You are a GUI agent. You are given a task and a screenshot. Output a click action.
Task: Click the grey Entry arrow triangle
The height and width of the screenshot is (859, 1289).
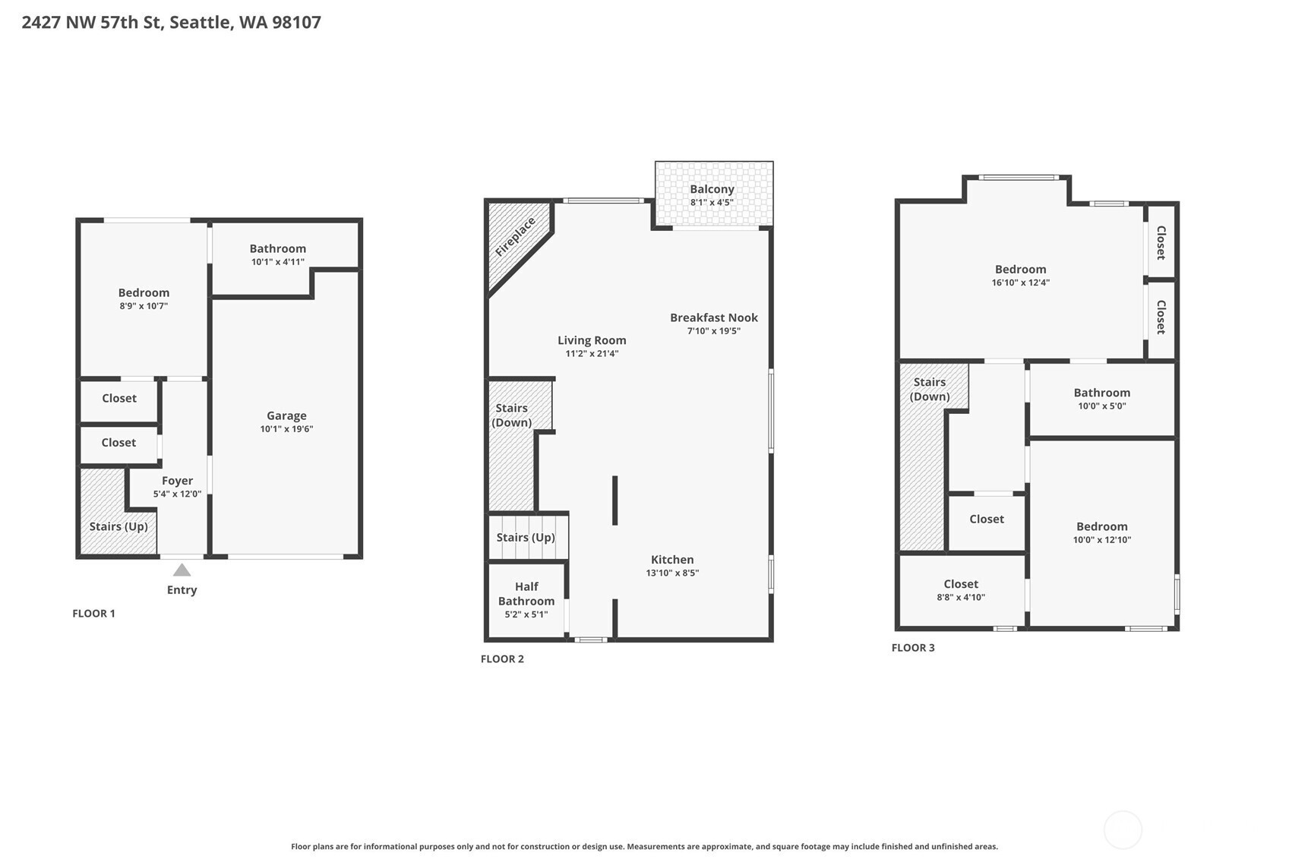point(182,570)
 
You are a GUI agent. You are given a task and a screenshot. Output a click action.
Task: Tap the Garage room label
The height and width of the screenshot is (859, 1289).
point(286,415)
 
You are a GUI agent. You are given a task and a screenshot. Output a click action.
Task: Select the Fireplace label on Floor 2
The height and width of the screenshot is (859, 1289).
point(516,237)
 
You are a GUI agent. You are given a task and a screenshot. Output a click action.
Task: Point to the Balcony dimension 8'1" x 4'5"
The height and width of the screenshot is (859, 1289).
point(712,203)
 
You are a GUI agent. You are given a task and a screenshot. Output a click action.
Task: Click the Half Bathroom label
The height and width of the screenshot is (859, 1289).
point(526,594)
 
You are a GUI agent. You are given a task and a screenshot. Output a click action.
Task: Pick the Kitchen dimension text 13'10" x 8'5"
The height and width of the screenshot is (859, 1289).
point(672,573)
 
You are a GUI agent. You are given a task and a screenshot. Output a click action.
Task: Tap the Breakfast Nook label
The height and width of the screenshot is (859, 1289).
point(713,317)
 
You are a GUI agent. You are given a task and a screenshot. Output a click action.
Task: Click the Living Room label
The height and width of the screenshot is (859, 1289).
point(592,340)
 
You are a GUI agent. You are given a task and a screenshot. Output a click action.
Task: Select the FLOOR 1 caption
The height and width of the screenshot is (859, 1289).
point(93,614)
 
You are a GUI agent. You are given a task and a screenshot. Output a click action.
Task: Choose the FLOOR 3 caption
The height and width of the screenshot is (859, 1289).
point(913,648)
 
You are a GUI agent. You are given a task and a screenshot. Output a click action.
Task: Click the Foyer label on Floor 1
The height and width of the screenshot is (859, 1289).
point(177,481)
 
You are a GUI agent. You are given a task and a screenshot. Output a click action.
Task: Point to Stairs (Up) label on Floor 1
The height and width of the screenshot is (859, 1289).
point(118,526)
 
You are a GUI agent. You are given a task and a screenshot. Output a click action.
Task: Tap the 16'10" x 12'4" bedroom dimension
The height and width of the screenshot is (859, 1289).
point(1020,283)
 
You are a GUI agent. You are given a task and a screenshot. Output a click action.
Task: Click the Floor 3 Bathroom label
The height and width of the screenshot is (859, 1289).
point(1102,393)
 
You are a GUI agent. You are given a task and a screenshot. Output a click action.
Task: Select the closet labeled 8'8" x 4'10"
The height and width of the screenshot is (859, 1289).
point(961,584)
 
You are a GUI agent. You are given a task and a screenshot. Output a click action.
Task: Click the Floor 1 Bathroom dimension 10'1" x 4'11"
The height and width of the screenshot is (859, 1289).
point(278,262)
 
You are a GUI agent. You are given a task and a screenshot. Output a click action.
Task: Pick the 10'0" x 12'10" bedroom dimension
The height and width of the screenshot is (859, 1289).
point(1102,540)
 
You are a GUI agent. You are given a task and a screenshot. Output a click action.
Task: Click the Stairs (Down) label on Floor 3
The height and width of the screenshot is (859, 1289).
point(930,389)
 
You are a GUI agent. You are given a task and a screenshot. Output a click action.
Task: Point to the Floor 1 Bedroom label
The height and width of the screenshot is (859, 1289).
point(144,293)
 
